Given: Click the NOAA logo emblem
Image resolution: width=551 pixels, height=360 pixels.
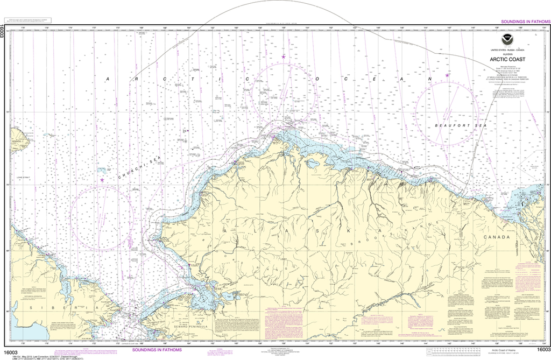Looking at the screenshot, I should (x=505, y=39).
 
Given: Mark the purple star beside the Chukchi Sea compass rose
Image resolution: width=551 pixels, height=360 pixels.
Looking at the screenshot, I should (x=102, y=180).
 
